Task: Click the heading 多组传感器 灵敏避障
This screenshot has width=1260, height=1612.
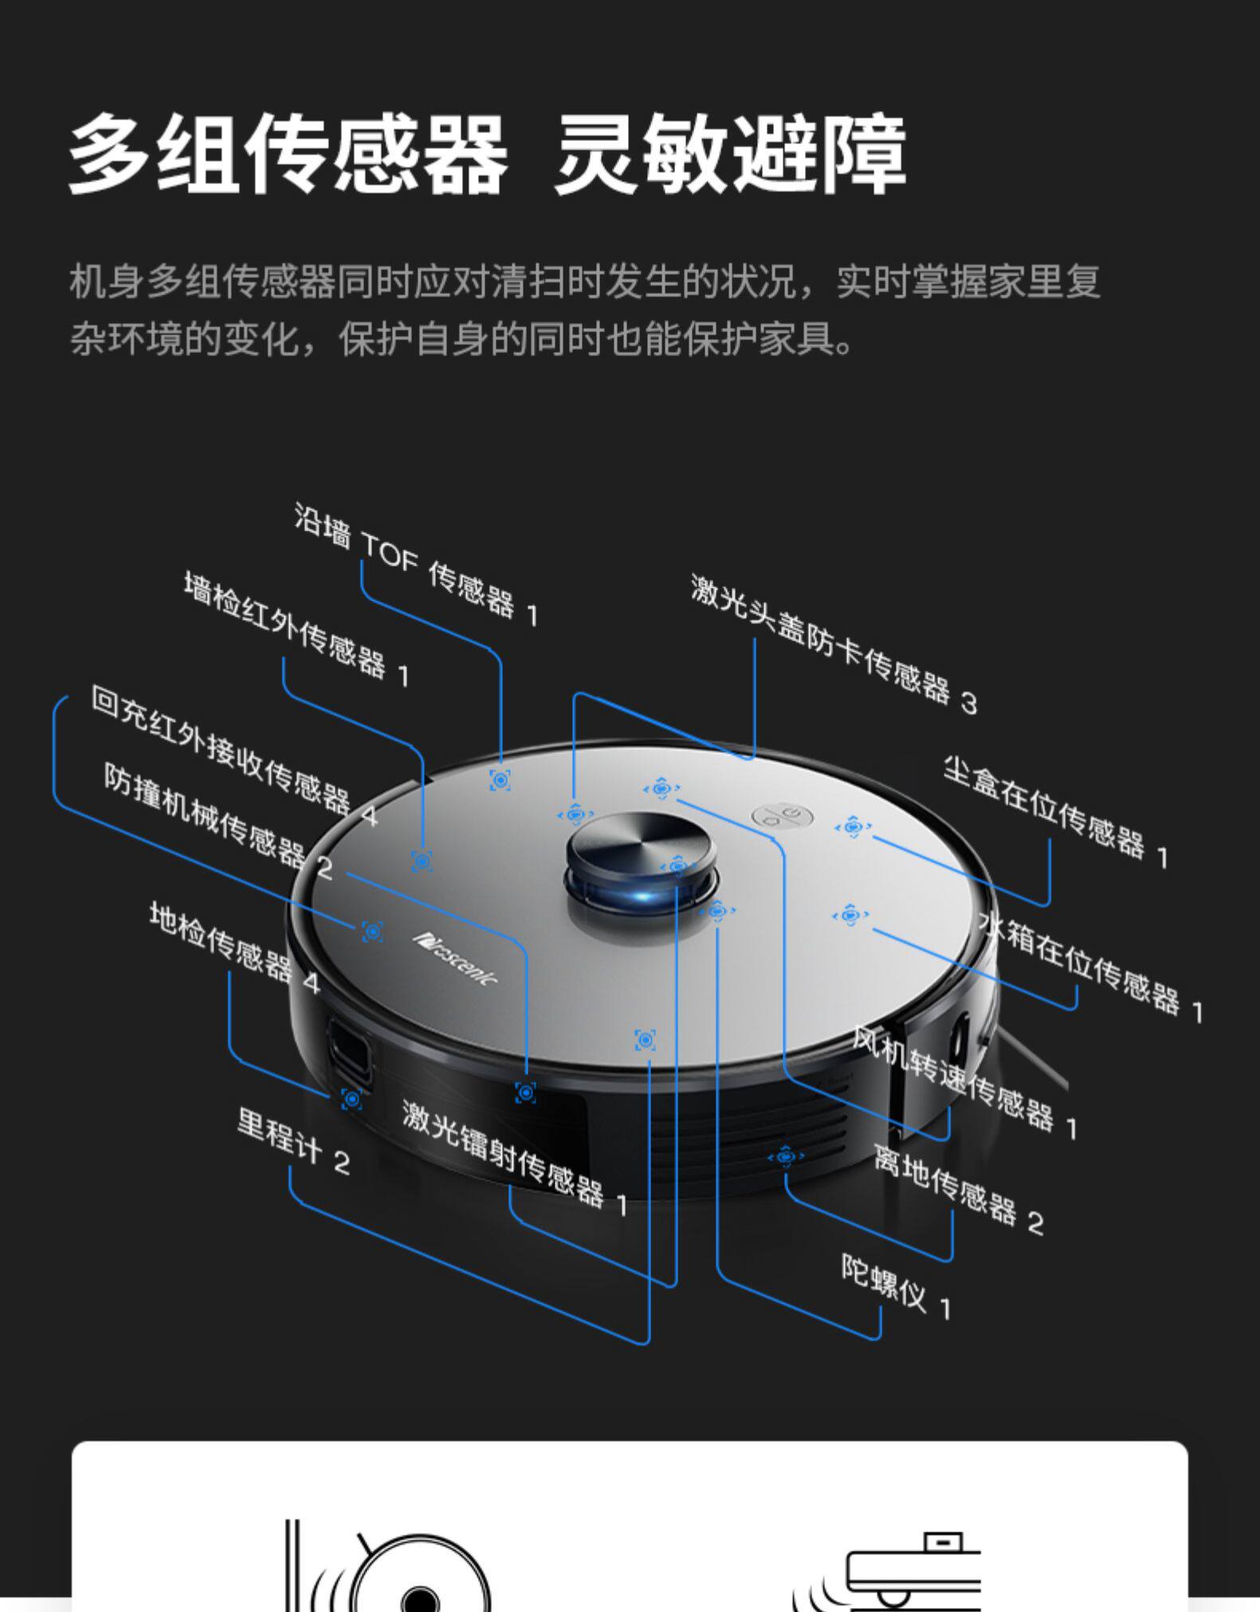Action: pyautogui.click(x=487, y=155)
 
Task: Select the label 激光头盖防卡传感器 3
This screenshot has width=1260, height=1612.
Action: pyautogui.click(x=833, y=645)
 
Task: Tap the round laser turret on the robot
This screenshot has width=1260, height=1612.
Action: pyautogui.click(x=641, y=853)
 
